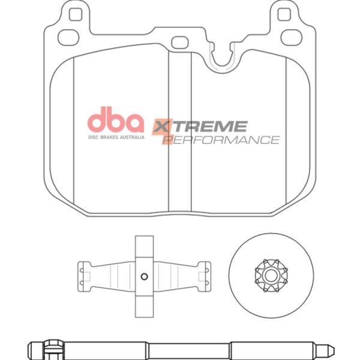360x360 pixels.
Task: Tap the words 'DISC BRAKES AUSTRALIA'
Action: click(116, 137)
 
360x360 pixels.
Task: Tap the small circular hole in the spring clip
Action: click(144, 276)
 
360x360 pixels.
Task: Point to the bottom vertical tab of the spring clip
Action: click(144, 303)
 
